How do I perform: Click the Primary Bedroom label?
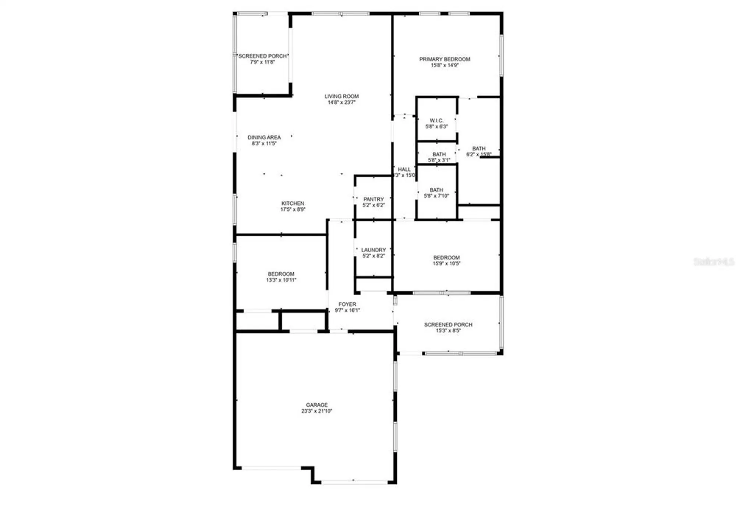445,59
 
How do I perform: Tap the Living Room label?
341,96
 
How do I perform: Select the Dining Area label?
264,137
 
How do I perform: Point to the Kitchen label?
293,203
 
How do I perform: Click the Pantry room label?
373,199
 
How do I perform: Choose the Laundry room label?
373,250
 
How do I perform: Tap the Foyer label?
347,304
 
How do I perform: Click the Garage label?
316,405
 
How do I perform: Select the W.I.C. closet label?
436,120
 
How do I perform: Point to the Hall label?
404,169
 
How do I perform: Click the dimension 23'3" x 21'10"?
316,411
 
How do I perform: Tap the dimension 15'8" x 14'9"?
445,66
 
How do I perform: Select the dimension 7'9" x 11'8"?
262,62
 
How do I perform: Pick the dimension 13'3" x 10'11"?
281,280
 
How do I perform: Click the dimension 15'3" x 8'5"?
448,331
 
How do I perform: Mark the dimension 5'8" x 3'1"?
439,160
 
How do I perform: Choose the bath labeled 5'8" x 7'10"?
436,190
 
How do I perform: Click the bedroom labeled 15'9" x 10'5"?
446,257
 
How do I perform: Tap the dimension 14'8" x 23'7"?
341,102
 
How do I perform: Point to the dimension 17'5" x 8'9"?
293,210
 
